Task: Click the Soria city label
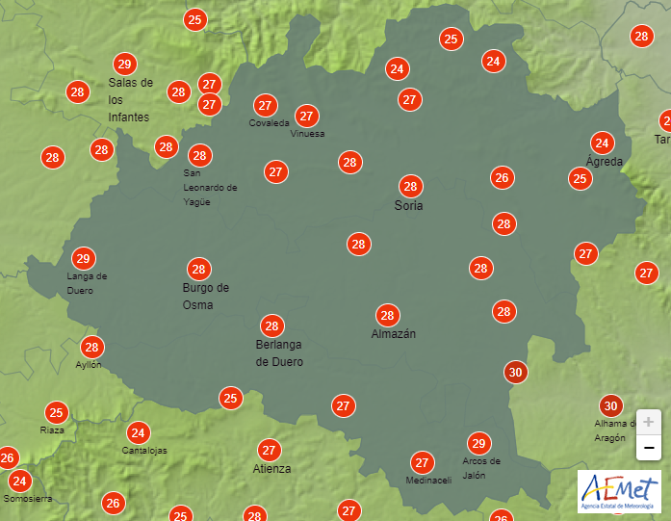(409, 206)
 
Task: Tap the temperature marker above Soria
(410, 186)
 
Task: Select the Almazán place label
(394, 333)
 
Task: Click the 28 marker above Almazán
(388, 315)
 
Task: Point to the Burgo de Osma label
(206, 296)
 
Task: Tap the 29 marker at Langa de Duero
(84, 258)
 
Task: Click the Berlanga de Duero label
(279, 353)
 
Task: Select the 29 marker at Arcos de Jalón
(478, 443)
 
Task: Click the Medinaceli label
(428, 481)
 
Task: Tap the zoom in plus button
(649, 422)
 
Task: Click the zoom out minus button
(649, 447)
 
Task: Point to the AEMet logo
(618, 490)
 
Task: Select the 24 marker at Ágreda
(603, 143)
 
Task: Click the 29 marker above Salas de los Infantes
(123, 65)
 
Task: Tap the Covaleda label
(269, 123)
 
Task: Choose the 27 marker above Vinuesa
(307, 116)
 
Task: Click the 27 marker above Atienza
(270, 450)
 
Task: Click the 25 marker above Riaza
(56, 413)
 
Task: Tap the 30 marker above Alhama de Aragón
(609, 405)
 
